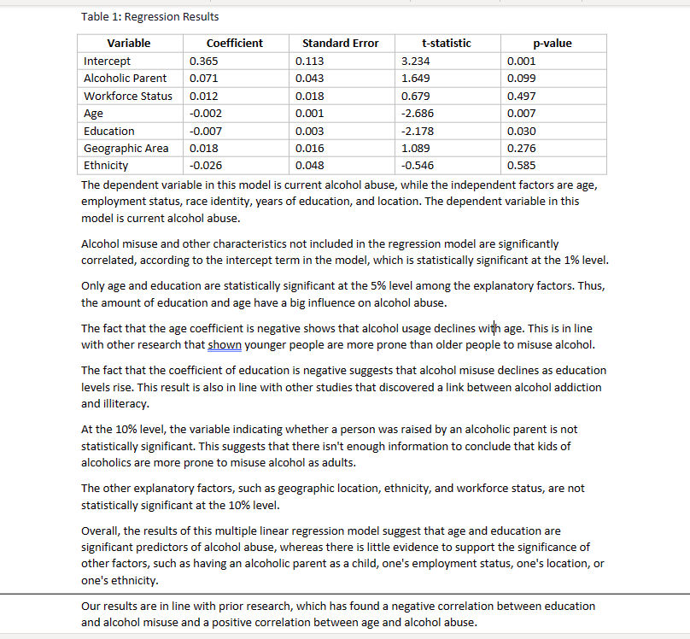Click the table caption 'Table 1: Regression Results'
pos(149,17)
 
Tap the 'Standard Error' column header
pos(340,44)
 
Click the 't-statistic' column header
pos(446,44)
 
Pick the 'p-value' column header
pos(553,44)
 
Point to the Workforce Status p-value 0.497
pos(521,96)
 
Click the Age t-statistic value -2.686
pos(418,114)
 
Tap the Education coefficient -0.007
pos(205,131)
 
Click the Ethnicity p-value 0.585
pos(521,166)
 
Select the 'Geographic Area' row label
pos(126,149)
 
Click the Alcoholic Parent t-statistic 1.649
pos(415,79)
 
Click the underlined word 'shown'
pos(225,345)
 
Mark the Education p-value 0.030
pos(521,131)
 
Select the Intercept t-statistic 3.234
pos(415,62)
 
